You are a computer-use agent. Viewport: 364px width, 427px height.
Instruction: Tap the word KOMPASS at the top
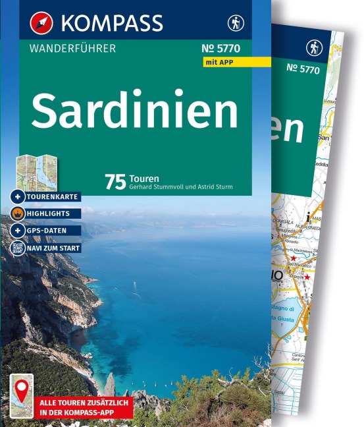coord(113,23)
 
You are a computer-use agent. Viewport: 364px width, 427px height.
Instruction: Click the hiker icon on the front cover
coord(235,23)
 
